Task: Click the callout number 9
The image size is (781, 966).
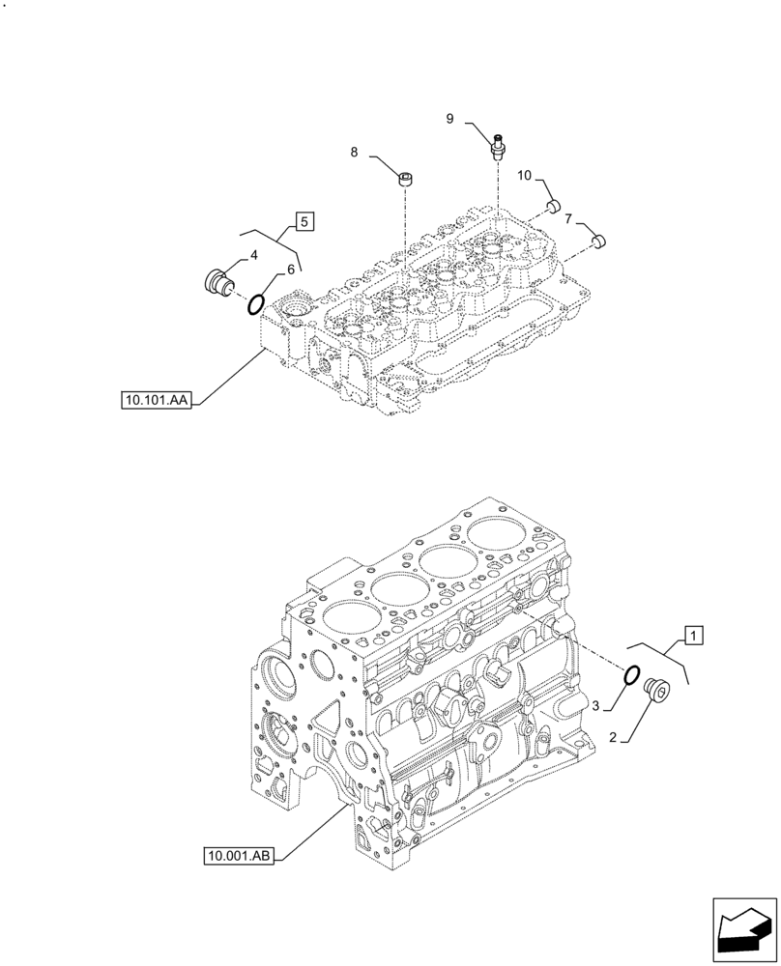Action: (x=449, y=118)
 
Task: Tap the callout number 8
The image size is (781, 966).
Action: (x=354, y=152)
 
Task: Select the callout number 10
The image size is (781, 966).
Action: (x=525, y=175)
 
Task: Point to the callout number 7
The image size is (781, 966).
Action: (x=568, y=218)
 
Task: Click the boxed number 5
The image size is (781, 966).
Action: (x=304, y=222)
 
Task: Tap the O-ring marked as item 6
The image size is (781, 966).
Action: (x=256, y=305)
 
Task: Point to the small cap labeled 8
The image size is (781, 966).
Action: (x=407, y=178)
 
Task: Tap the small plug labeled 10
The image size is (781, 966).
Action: (x=554, y=206)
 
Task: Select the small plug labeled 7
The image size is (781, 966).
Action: (x=598, y=238)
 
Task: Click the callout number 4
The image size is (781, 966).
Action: (x=253, y=255)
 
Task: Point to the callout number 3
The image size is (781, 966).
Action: (x=596, y=707)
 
